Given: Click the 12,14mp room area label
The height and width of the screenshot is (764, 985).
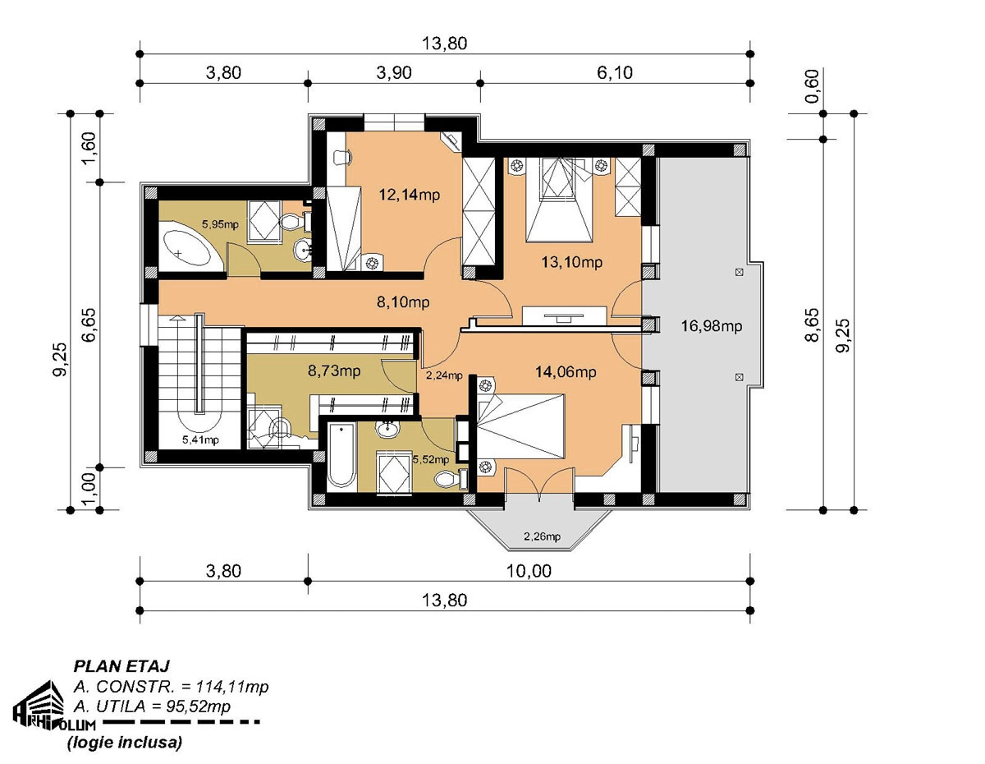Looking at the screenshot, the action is point(410,195).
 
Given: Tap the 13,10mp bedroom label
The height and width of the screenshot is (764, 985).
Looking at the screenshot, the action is point(572,262).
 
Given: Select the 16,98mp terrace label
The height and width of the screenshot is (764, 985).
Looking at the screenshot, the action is point(712,326).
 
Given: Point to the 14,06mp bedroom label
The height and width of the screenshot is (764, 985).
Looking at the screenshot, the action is point(566,372).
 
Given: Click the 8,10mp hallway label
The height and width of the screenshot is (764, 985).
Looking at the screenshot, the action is point(403,301).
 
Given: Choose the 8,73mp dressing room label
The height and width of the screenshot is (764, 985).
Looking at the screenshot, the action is point(334,370).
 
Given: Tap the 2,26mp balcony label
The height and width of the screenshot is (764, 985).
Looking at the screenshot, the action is point(542,536).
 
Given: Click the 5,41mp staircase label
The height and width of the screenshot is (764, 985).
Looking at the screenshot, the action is point(200,440).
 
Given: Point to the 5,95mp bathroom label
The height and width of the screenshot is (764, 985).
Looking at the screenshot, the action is point(220,223).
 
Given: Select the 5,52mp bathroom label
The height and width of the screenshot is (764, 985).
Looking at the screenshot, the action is point(431,459).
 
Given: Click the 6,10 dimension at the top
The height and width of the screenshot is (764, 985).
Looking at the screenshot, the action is point(614,72).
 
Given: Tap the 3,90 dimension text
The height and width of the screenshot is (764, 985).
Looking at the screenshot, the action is point(394,72).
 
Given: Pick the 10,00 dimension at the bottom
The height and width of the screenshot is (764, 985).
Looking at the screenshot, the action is point(529,571).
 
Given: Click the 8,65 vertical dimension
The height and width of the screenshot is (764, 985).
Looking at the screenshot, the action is point(813,324).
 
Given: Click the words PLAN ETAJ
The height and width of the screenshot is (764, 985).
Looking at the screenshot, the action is point(121,666).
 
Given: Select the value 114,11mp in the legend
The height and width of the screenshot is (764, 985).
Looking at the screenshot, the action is point(232,688).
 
